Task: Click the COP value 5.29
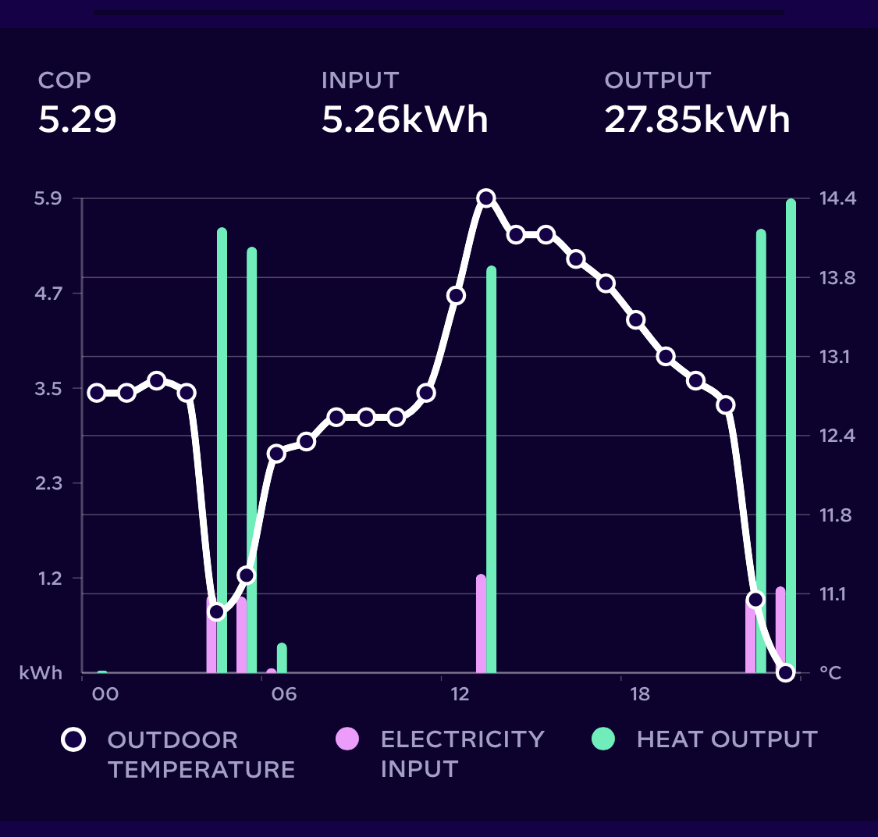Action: (x=77, y=119)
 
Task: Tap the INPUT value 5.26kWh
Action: (x=404, y=119)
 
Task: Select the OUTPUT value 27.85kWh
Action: (x=697, y=119)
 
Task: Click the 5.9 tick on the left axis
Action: (x=48, y=198)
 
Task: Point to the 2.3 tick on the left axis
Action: (x=48, y=483)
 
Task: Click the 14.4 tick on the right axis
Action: (x=837, y=198)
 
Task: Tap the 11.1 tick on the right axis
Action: (x=837, y=594)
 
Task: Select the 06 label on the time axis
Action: (x=284, y=694)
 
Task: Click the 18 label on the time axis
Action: (x=639, y=694)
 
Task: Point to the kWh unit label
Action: (x=41, y=673)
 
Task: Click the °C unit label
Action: (x=831, y=673)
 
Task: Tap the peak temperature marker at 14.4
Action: (x=485, y=198)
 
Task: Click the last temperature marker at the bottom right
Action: (x=785, y=672)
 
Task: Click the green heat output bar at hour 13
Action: (x=491, y=468)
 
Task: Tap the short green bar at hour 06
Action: (x=282, y=657)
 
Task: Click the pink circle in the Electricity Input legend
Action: (x=347, y=739)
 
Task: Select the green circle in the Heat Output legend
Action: (x=603, y=739)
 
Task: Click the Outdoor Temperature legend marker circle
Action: (x=73, y=739)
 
